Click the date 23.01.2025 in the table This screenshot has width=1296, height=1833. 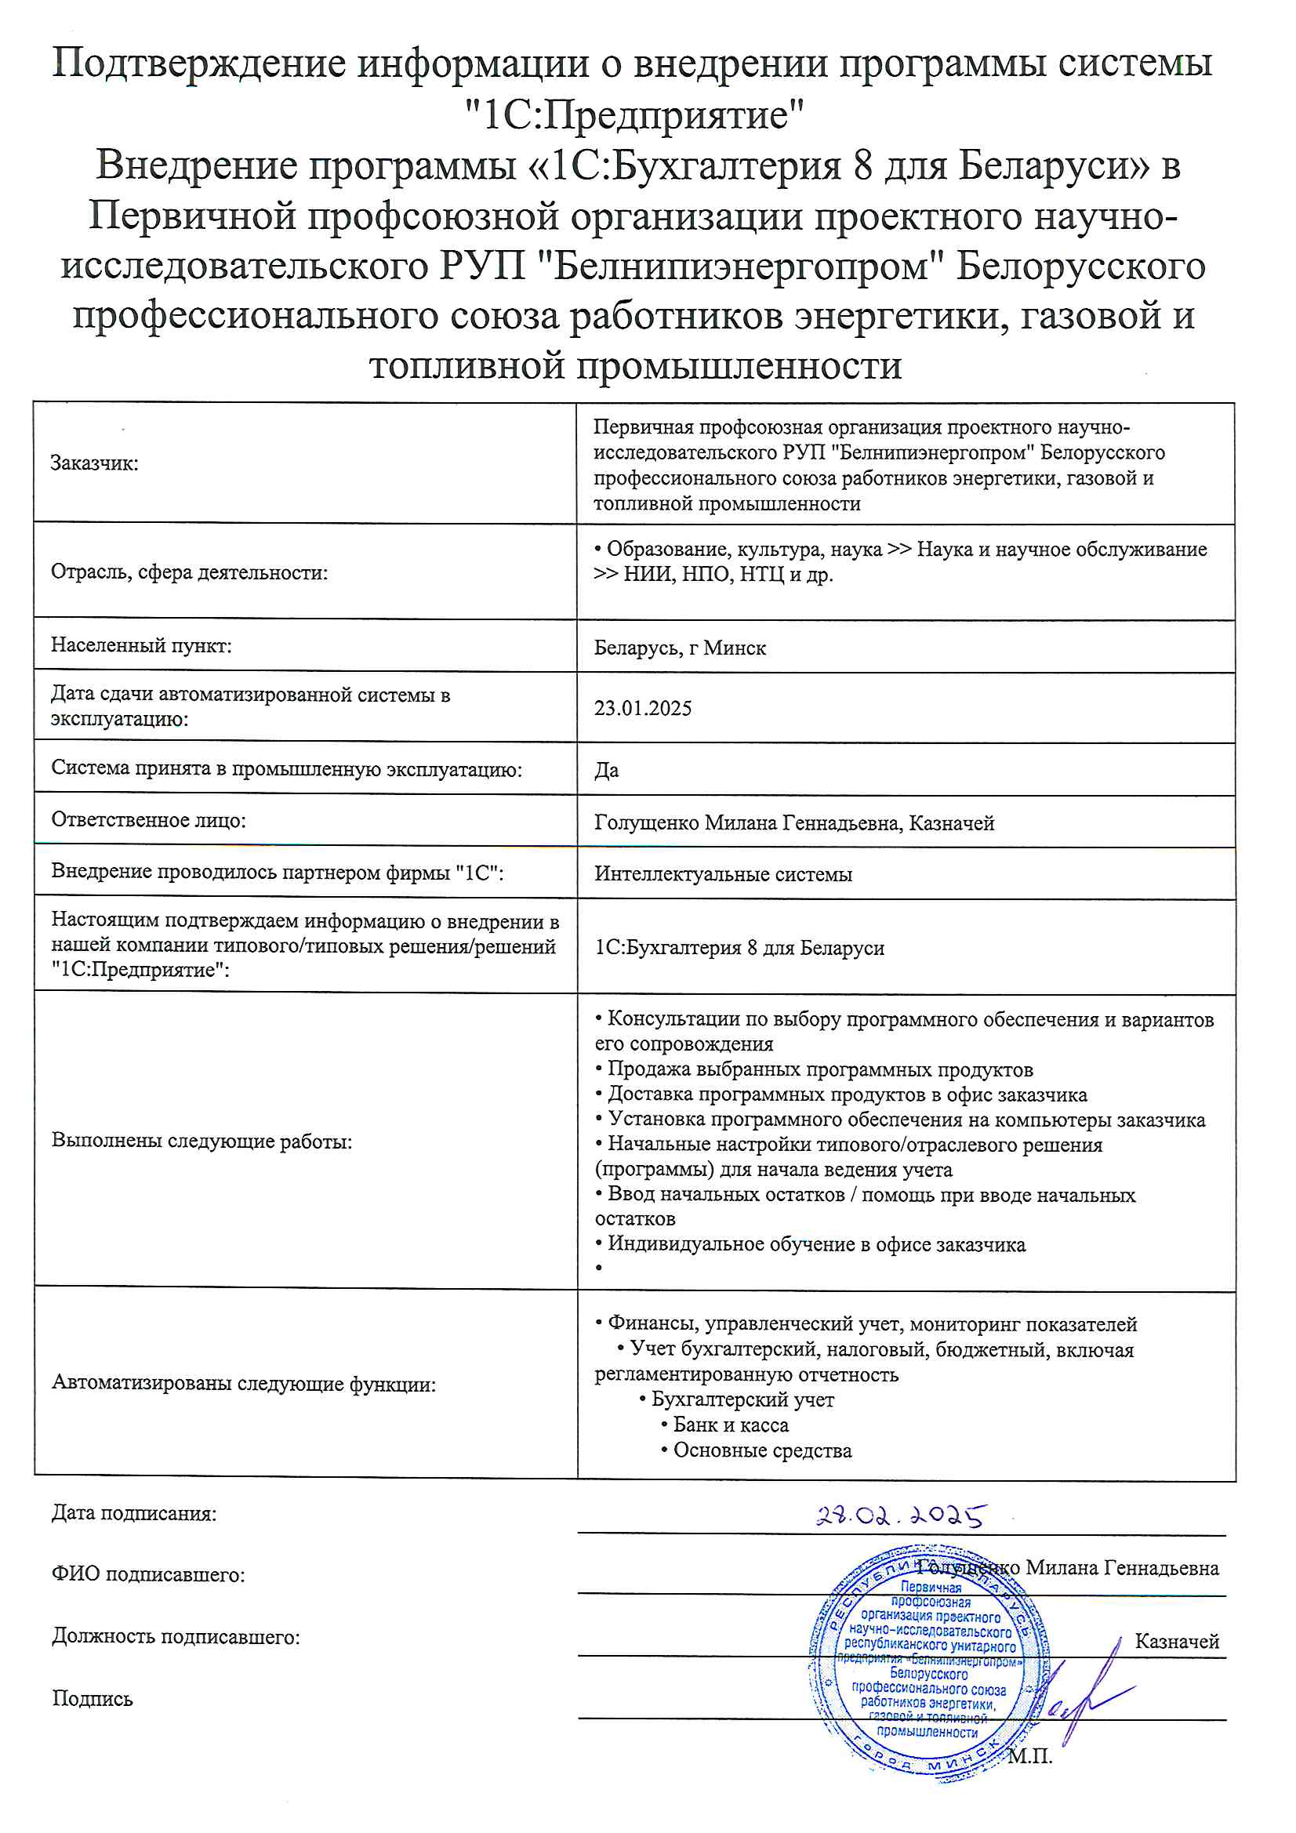pyautogui.click(x=642, y=708)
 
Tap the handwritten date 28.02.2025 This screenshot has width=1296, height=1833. pyautogui.click(x=900, y=1515)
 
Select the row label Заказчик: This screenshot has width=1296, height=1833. pyautogui.click(x=94, y=463)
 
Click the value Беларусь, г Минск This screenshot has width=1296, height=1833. pyautogui.click(x=680, y=648)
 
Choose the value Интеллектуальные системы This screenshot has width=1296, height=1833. pyautogui.click(x=723, y=873)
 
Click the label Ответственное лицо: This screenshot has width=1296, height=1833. pyautogui.click(x=148, y=820)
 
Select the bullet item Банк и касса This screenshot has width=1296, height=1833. pyautogui.click(x=730, y=1425)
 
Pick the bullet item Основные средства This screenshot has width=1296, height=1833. pyautogui.click(x=762, y=1450)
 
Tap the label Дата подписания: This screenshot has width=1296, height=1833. pyautogui.click(x=134, y=1513)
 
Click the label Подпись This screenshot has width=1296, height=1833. pyautogui.click(x=93, y=1698)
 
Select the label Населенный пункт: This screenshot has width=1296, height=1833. pyautogui.click(x=141, y=645)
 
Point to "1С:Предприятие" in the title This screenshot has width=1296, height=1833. pyautogui.click(x=635, y=114)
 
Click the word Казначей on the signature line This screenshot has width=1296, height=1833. pyautogui.click(x=1176, y=1641)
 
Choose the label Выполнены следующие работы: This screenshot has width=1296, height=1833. pyautogui.click(x=202, y=1141)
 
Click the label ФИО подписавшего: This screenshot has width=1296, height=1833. pyautogui.click(x=148, y=1574)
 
